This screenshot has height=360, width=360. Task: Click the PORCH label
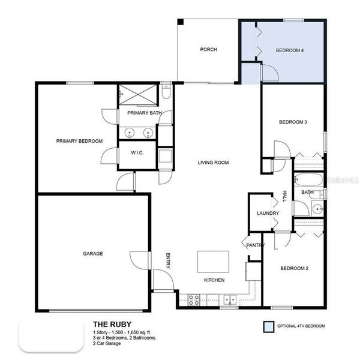[208, 50]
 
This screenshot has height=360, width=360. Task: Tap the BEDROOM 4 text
[289, 51]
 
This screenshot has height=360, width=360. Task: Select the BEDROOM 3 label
[293, 122]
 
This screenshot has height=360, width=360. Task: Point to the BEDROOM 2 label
[294, 268]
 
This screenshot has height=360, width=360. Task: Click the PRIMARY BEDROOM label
[79, 141]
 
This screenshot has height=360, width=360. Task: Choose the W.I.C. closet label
[137, 152]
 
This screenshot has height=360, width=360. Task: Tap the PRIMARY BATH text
[144, 113]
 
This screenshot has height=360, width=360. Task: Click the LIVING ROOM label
[213, 162]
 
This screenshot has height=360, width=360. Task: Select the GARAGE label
[92, 253]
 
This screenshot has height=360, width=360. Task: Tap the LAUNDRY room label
[264, 213]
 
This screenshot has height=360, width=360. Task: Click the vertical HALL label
[284, 196]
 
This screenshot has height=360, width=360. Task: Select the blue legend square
[268, 326]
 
